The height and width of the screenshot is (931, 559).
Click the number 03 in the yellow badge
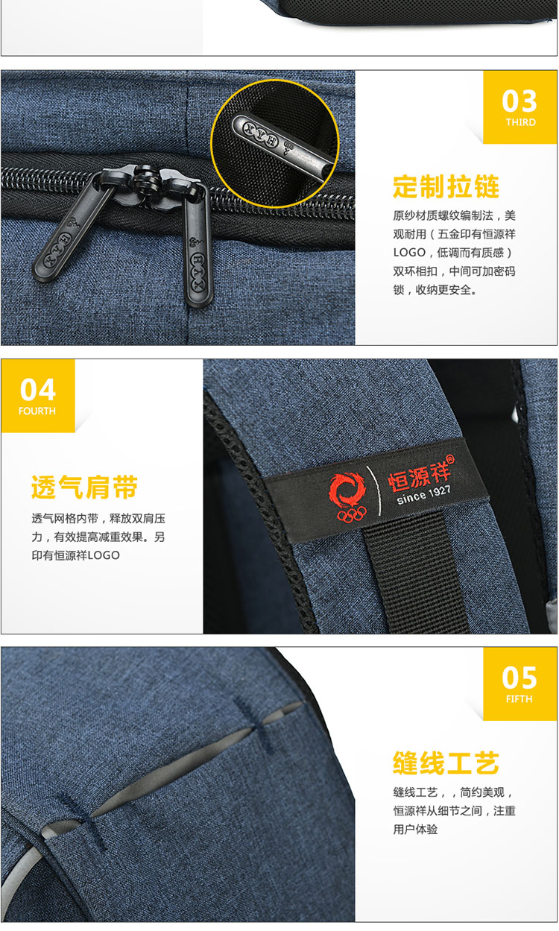(x=519, y=101)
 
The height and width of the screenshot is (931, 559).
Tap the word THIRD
(x=520, y=122)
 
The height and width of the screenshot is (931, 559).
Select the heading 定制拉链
(x=446, y=186)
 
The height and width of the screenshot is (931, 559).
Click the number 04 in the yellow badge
(x=37, y=390)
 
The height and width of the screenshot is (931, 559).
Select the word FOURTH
(x=37, y=411)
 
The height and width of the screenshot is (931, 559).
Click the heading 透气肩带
(x=84, y=487)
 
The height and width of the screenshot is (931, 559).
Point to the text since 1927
(x=423, y=495)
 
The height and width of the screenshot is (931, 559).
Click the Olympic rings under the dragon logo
(x=352, y=514)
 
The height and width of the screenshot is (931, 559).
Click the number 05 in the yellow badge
(x=519, y=678)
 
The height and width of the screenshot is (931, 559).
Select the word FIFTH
(x=519, y=699)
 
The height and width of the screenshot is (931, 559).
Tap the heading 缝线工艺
(x=446, y=763)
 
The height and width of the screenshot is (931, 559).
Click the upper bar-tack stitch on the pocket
(x=253, y=722)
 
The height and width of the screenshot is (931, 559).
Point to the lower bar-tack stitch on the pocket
(x=80, y=821)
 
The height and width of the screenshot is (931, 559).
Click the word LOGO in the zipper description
(x=409, y=252)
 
